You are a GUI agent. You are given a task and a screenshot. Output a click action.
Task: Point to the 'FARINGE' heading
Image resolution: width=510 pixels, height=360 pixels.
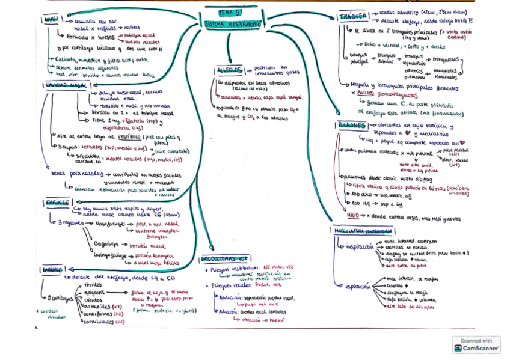(57, 203)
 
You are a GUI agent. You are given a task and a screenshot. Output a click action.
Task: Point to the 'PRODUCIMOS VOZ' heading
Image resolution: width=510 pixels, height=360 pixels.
(224, 259)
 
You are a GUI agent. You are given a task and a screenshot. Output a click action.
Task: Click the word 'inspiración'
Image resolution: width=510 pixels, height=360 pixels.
(360, 246)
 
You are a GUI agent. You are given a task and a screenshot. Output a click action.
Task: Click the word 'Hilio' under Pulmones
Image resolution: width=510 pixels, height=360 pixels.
(354, 215)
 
